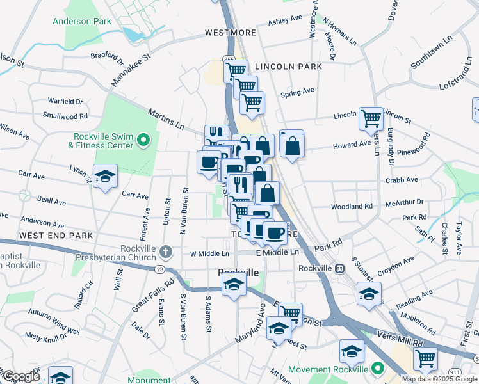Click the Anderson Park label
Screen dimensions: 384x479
pos(81,21)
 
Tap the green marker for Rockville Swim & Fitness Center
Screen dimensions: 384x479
pos(144,139)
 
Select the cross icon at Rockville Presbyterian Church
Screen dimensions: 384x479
pos(166,251)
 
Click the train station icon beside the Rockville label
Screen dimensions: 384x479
pos(339,269)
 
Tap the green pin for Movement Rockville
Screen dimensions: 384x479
pos(378,369)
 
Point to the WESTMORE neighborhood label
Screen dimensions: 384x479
pos(231,33)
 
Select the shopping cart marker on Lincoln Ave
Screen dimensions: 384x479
pos(371,118)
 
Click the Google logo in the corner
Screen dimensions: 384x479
pos(21,376)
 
